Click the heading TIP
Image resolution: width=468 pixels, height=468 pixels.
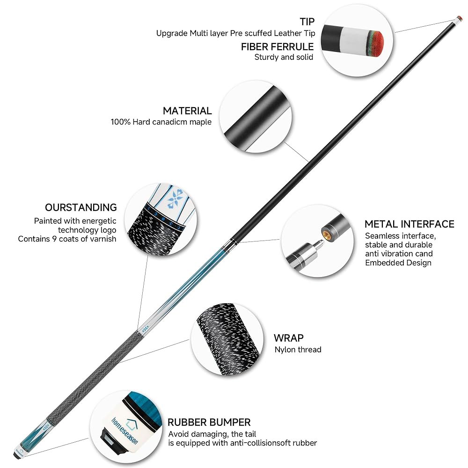click(307, 22)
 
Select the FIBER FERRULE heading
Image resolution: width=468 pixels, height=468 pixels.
click(277, 46)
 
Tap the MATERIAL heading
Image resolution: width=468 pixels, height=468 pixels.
click(187, 111)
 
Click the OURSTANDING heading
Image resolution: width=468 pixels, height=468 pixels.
click(80, 207)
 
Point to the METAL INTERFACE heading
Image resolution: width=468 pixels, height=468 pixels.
click(409, 224)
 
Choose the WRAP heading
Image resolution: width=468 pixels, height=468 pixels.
click(289, 338)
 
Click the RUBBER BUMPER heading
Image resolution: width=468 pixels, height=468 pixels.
click(209, 422)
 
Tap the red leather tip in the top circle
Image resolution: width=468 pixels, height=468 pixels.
click(377, 43)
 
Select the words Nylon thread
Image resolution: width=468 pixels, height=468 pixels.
click(298, 350)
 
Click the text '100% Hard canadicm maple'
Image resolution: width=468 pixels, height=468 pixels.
click(161, 122)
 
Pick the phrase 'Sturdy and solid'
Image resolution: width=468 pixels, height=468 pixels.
click(284, 57)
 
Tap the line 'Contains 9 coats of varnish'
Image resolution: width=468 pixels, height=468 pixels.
click(67, 239)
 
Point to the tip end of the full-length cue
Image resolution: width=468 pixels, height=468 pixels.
click(460, 18)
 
